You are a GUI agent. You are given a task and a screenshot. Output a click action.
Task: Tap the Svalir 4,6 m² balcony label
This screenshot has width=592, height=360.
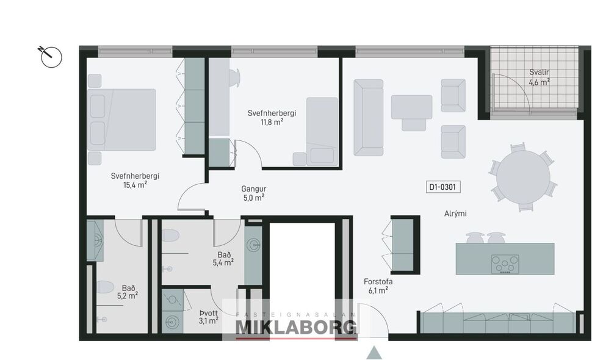click(539, 77)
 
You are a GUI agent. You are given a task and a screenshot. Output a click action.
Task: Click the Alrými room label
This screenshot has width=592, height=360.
click(455, 214)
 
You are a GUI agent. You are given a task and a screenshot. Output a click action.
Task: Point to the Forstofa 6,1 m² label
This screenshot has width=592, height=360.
click(379, 286)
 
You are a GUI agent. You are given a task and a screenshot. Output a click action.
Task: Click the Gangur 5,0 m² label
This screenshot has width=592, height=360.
click(253, 193)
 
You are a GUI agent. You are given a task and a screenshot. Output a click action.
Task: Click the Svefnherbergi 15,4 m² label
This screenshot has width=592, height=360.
click(135, 180)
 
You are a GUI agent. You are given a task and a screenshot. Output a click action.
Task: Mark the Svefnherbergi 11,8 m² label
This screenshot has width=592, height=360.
click(272, 117)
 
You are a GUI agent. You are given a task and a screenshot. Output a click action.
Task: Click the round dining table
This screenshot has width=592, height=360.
click(522, 177)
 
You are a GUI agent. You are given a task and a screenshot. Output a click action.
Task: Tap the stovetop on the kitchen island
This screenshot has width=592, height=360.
click(505, 264)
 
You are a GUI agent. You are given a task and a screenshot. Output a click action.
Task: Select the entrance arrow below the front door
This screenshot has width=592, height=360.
click(374, 352)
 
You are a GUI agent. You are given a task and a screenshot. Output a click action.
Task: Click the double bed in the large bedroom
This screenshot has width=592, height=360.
click(122, 120)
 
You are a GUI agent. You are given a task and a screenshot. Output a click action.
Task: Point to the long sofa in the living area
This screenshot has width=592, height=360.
click(369, 117)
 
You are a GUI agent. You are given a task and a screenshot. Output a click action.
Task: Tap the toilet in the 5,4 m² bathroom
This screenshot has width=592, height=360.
click(170, 236)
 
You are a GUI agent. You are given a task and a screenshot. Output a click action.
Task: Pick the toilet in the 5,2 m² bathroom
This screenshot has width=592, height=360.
click(105, 287)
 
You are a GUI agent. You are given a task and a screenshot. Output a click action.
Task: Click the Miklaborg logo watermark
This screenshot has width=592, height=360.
click(296, 324)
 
